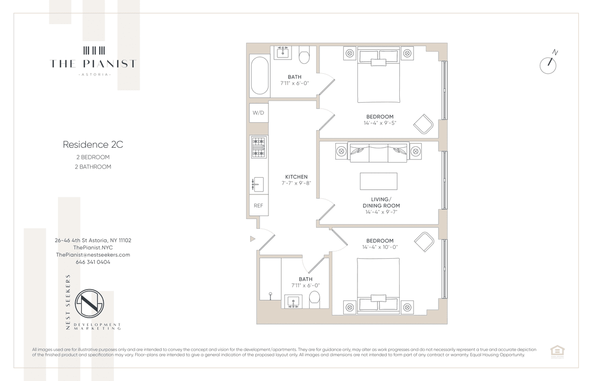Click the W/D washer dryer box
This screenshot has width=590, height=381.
click(x=259, y=113)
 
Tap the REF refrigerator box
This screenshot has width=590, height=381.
click(x=259, y=205)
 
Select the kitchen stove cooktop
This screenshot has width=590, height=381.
click(x=259, y=147)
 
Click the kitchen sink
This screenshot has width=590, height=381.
click(x=258, y=184)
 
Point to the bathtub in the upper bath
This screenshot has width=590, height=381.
click(x=260, y=76)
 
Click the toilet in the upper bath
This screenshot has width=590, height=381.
click(x=304, y=54)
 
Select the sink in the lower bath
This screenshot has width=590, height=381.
click(x=293, y=301)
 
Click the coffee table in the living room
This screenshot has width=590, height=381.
click(x=379, y=181)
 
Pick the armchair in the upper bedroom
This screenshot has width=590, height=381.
click(x=423, y=124)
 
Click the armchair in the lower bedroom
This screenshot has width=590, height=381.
click(x=424, y=242)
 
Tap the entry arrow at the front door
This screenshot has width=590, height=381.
click(x=253, y=239)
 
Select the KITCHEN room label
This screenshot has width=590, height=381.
click(x=296, y=177)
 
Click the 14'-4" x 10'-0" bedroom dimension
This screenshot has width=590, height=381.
click(x=380, y=247)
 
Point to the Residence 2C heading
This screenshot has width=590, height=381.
click(x=93, y=144)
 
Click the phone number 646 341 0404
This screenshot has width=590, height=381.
click(x=93, y=262)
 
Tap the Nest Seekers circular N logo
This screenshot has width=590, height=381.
click(x=89, y=303)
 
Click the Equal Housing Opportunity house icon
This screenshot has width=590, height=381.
click(x=558, y=351)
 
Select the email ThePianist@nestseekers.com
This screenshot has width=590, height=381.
click(x=93, y=255)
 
